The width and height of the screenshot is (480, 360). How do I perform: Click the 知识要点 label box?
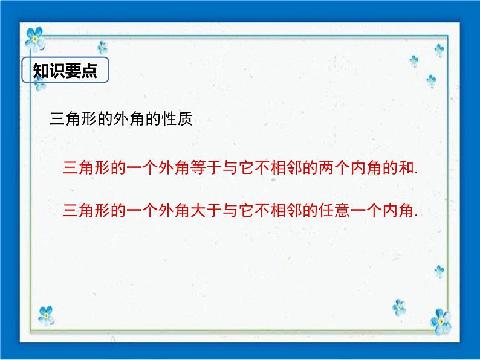coord(65,71)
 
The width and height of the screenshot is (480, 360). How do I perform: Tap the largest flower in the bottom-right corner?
coord(441,321)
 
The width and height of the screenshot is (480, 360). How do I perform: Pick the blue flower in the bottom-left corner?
coord(46,315)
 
